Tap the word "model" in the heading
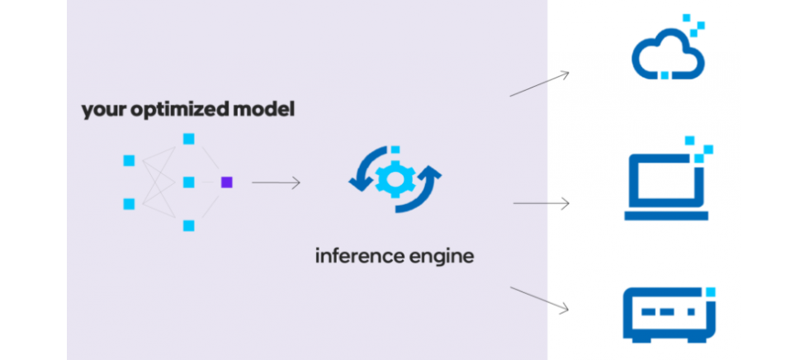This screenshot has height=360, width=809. (x=267, y=109)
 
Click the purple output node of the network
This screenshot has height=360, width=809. (x=227, y=182)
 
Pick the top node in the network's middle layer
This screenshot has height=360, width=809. (x=189, y=139)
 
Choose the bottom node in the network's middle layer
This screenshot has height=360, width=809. (x=189, y=225)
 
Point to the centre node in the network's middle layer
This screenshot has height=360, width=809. (x=189, y=182)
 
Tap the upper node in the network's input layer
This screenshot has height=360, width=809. (x=129, y=160)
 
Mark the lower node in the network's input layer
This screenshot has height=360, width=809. (x=129, y=203)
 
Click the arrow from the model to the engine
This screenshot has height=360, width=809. (x=276, y=182)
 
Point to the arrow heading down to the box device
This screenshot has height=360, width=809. (x=540, y=299)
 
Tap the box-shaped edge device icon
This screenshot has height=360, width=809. (x=667, y=314)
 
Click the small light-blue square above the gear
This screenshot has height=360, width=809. (x=395, y=149)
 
